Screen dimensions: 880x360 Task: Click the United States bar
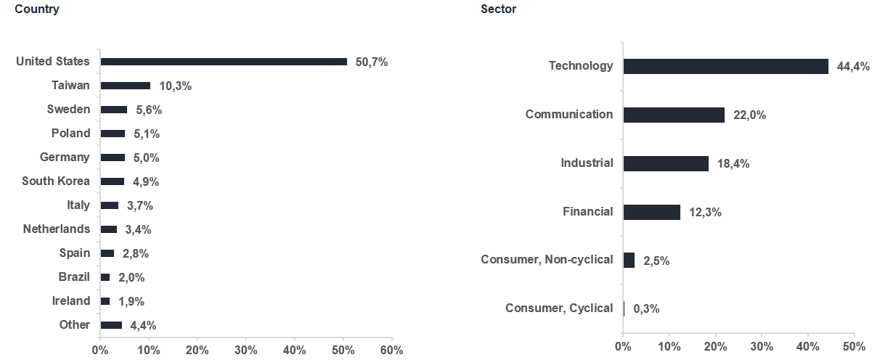[224, 62]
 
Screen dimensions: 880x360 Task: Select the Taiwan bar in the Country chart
[126, 86]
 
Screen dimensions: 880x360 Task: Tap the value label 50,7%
[372, 62]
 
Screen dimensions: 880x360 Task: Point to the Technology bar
[726, 66]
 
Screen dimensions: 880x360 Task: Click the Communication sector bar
[674, 115]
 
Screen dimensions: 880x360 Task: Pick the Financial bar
[652, 213]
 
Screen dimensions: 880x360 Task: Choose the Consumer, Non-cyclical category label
[547, 260]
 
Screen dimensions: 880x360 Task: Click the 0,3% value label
[646, 308]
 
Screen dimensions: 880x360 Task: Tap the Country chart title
[37, 9]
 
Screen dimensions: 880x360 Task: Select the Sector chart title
[498, 9]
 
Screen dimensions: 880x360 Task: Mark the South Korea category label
[56, 181]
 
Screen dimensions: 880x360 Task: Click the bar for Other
[112, 325]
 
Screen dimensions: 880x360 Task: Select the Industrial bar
[667, 164]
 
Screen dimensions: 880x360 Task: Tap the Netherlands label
[57, 229]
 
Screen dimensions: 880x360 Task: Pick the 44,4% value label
[853, 66]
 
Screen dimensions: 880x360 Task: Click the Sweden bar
[114, 110]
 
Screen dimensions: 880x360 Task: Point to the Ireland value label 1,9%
[131, 301]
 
